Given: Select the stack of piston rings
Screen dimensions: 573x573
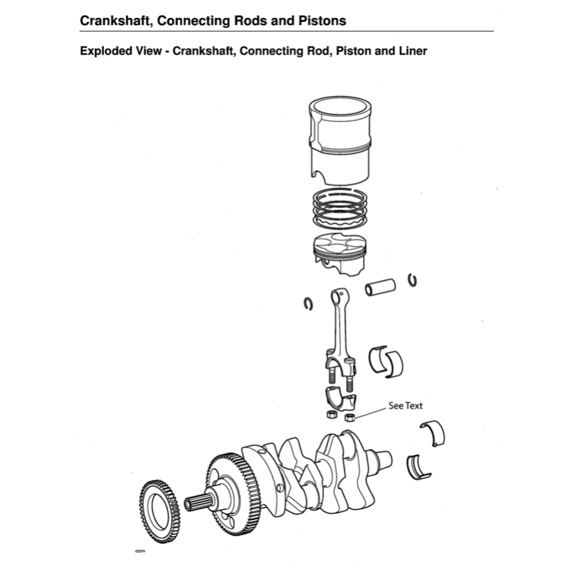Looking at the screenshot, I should coord(340,209).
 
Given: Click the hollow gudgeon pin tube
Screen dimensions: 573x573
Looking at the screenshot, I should coord(381,287).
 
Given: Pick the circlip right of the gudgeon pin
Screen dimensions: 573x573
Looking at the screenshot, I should coord(413,280).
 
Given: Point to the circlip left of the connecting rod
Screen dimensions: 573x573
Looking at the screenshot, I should coord(308,304).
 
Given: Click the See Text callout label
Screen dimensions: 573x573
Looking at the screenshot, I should coord(406,406).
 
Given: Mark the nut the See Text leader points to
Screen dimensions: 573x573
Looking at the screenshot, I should coord(350,417).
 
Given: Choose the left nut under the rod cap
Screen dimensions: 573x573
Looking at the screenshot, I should coord(331,415).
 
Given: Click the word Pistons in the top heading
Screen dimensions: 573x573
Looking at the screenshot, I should coord(323,21).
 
